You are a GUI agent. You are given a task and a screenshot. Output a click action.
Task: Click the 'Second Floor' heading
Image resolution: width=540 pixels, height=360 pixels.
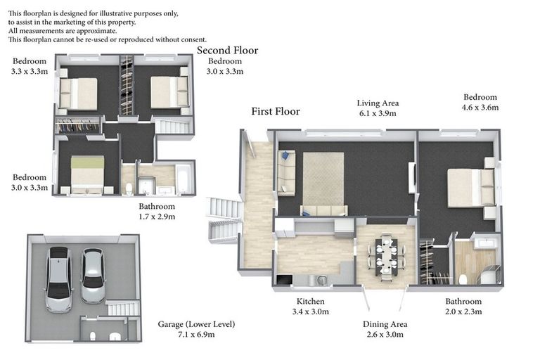pos(227,51)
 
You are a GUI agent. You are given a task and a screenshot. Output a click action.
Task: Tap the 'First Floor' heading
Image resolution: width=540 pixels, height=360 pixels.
pos(276,111)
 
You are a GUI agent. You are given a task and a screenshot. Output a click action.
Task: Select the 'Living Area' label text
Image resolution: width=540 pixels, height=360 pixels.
pos(378,103)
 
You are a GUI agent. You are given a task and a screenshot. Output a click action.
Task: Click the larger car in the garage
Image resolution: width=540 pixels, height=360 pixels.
pos(59,279)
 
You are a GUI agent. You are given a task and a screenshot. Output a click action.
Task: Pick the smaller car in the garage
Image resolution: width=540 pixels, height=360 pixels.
pos(93,276)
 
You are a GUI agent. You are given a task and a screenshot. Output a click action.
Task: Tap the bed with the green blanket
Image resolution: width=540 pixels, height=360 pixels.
pos(87,174)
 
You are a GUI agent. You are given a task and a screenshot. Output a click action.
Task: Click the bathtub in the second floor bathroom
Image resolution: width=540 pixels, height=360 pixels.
pos(182,179)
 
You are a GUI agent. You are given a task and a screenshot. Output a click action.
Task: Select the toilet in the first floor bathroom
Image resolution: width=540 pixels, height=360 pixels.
pos(463,279)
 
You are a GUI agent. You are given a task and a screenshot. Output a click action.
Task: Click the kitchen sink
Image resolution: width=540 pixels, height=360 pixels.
pos(322,280)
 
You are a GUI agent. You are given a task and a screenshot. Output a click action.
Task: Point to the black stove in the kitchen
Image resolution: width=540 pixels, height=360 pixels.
pos(285,279)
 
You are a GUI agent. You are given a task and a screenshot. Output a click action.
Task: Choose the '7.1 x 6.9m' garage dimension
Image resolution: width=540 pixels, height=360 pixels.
pos(196,335)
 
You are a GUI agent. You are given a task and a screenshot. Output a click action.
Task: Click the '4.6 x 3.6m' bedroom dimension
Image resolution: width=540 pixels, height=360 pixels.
pos(480,108)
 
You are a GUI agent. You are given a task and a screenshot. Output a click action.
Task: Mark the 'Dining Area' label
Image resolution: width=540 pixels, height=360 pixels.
pos(385,324)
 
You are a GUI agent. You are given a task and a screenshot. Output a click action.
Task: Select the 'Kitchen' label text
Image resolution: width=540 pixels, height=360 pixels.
pos(310,302)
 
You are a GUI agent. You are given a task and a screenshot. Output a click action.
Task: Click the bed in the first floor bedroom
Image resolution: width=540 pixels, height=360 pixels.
pos(471,188)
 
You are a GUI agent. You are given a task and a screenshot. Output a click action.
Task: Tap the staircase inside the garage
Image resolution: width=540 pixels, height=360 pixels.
pos(122,308)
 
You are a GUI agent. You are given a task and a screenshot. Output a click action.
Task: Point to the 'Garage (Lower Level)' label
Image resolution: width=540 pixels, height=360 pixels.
pos(196,324)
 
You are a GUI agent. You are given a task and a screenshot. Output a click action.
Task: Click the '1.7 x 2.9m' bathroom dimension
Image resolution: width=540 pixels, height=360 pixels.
pos(157,217)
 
